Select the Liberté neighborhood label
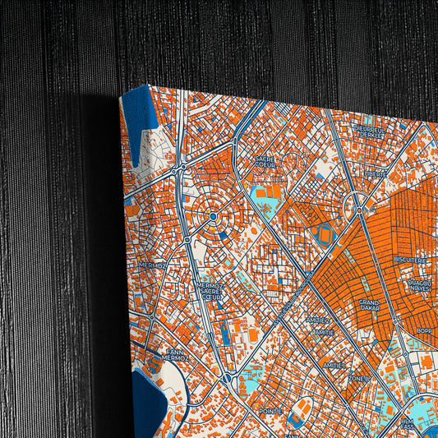click(376, 173)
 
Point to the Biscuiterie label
click(409, 259)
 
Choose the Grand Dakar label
click(369, 306)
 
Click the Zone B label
click(358, 378)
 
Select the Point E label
click(270, 410)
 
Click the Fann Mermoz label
click(174, 355)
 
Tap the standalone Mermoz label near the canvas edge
click(153, 265)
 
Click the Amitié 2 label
click(317, 320)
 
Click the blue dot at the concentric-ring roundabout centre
click(212, 217)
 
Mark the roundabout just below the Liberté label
click(359, 211)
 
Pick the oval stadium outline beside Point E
click(303, 408)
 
